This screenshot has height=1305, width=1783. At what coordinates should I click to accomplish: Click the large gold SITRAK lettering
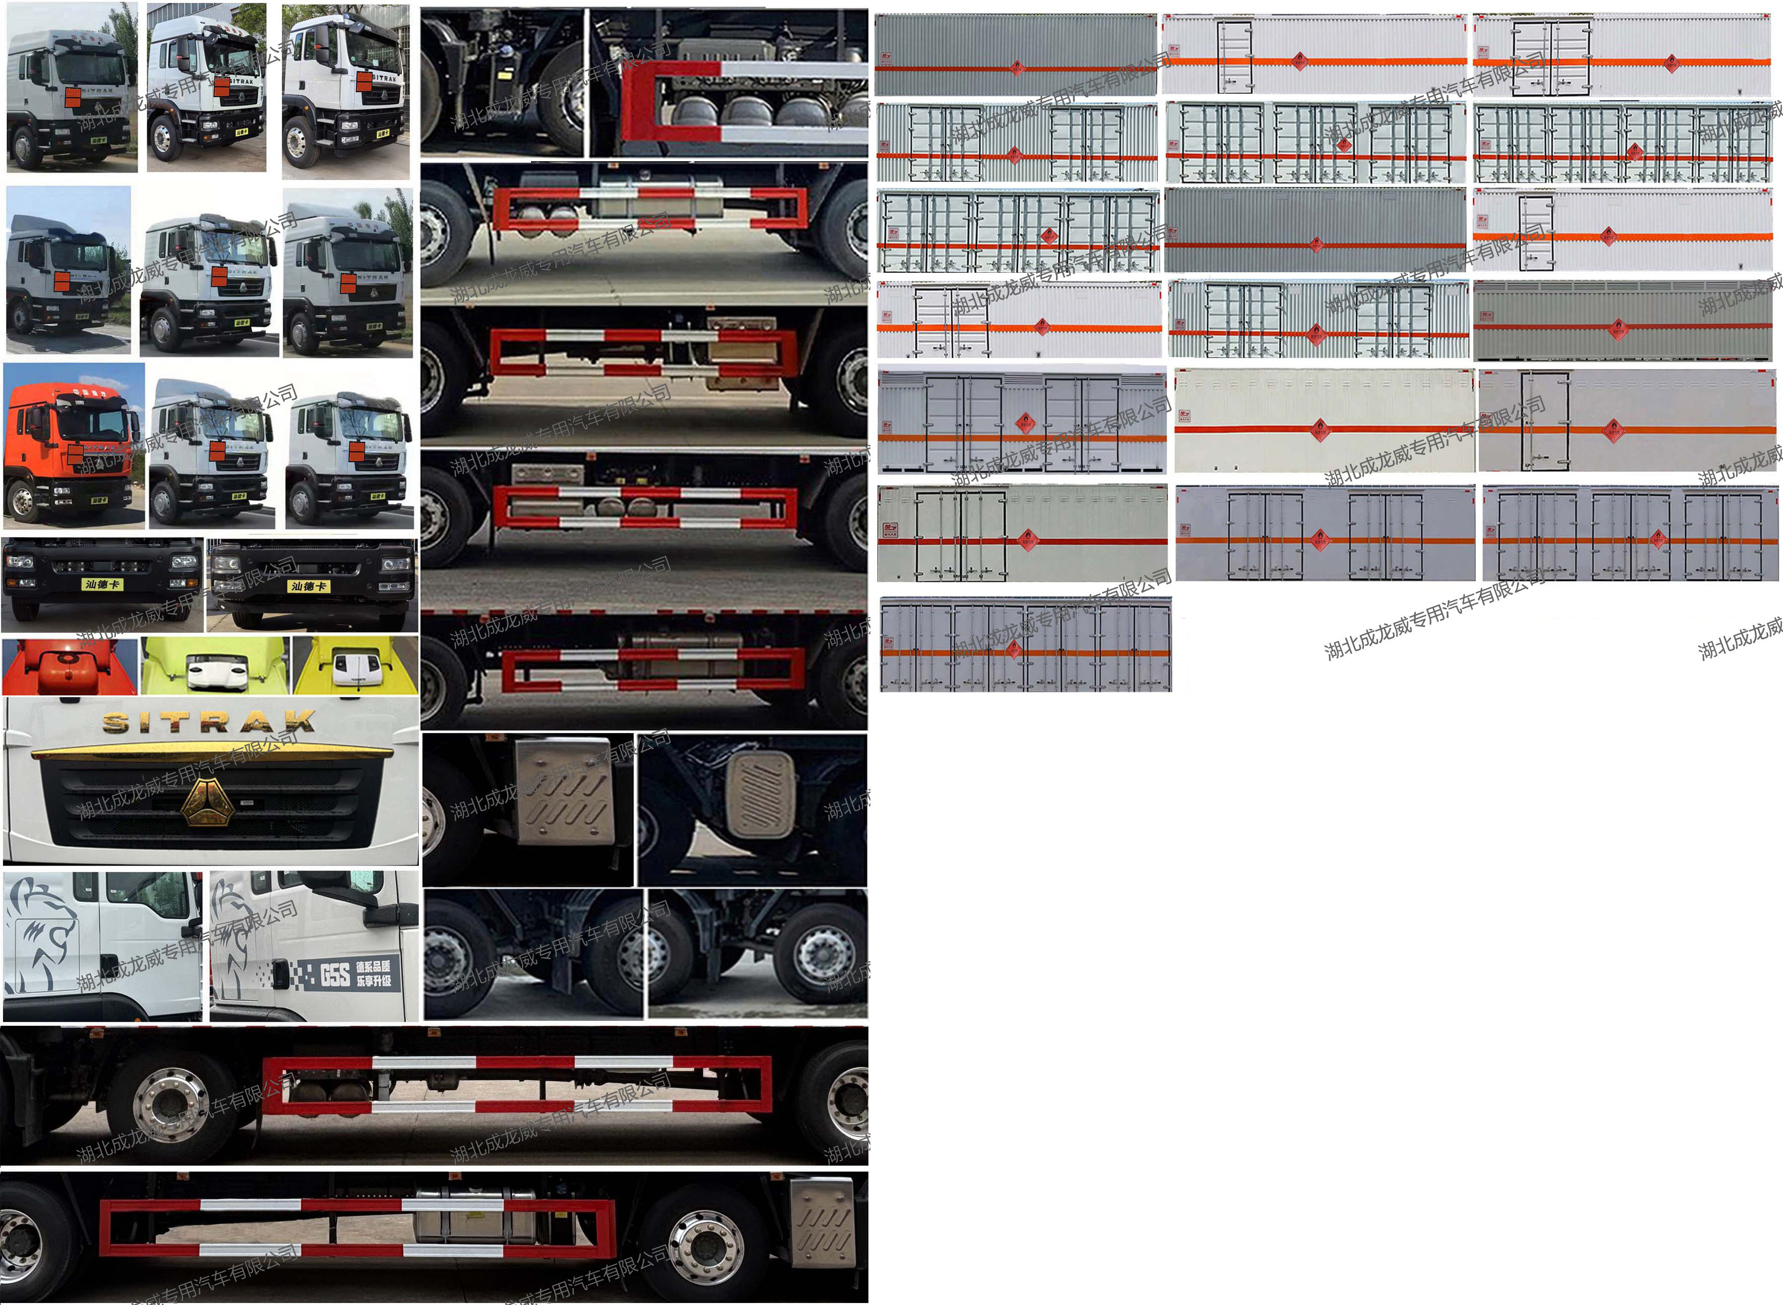(x=209, y=721)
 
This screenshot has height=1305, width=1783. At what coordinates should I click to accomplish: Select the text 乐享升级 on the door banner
(x=373, y=981)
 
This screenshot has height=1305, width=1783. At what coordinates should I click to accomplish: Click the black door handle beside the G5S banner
(x=279, y=975)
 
